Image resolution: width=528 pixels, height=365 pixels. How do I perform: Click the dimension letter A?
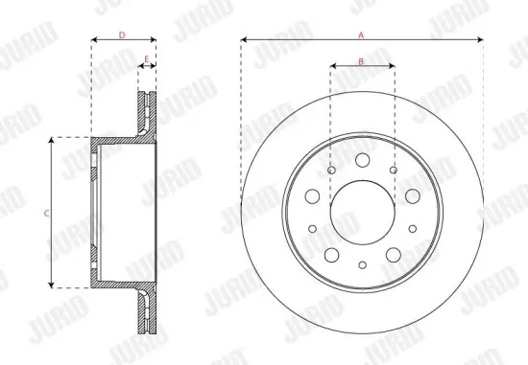point(361,34)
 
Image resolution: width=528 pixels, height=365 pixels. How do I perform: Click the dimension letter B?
point(361,60)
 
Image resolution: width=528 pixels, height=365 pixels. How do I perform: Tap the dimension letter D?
point(122,34)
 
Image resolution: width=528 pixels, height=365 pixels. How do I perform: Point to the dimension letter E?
point(146,59)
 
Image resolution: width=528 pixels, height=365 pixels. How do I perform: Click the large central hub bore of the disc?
point(362,212)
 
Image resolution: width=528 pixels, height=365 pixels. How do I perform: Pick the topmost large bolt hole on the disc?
point(362,161)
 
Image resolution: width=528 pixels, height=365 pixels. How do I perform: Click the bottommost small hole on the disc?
point(362,265)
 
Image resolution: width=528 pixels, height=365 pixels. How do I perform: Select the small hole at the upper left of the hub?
point(331,171)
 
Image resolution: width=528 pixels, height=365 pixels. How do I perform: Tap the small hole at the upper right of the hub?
point(393,171)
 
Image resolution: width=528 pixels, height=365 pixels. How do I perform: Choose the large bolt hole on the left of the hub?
point(312,195)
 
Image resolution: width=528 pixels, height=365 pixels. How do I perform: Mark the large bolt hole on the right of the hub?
point(412,195)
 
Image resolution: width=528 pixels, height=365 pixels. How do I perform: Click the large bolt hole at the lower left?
point(331,254)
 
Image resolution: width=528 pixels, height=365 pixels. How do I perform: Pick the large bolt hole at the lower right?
point(393,254)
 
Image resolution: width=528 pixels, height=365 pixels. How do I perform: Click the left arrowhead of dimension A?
point(244,40)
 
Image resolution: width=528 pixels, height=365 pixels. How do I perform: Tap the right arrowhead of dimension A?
point(480,40)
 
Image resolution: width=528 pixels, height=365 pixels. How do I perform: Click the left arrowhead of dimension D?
point(93,40)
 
